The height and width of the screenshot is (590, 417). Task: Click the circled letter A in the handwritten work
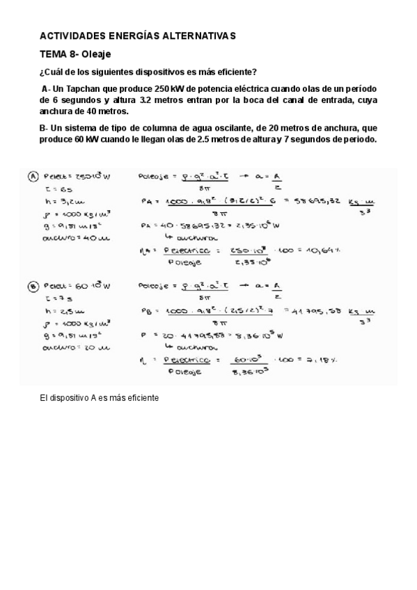pyautogui.click(x=32, y=176)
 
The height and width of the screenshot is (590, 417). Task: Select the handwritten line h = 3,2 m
pyautogui.click(x=56, y=200)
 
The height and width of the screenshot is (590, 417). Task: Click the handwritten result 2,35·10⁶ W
pyautogui.click(x=260, y=225)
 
